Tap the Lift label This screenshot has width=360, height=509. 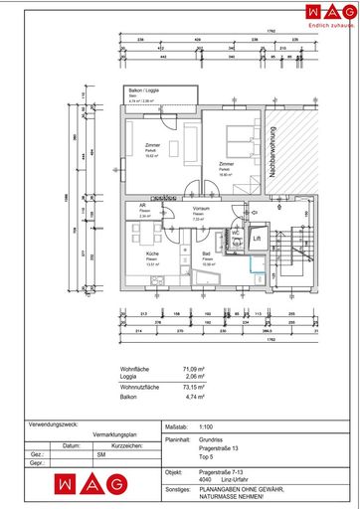click(256, 239)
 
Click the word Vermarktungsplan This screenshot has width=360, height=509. click(114, 434)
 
